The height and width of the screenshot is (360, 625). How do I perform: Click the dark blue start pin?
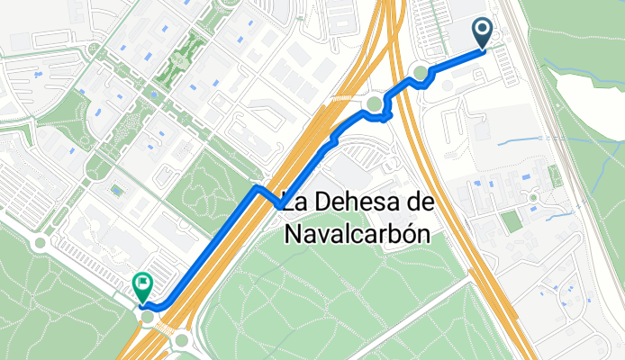point(483,34)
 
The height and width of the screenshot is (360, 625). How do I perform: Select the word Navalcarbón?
point(357,234)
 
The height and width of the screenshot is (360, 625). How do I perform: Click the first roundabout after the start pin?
point(420,73)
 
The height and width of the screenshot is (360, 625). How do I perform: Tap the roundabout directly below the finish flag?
point(147,317)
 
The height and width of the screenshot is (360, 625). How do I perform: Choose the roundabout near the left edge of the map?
point(39,243)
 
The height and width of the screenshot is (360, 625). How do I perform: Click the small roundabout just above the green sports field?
point(533,197)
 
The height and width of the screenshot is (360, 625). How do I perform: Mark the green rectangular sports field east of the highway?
point(512,221)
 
